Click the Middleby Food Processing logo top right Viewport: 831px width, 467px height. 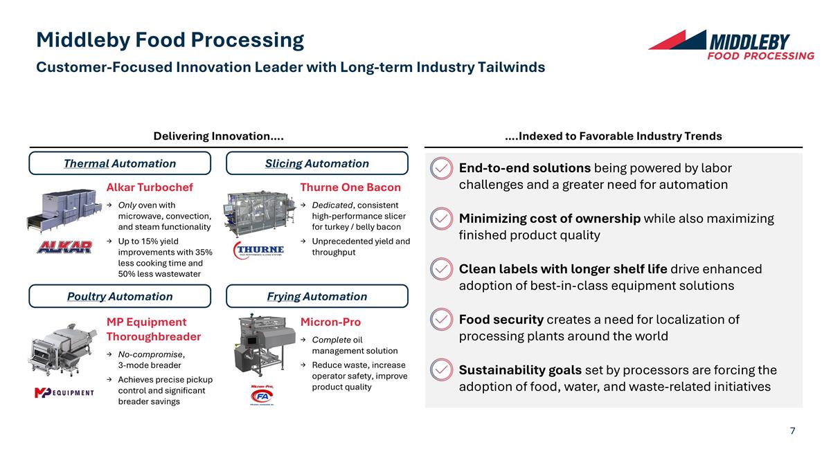pyautogui.click(x=731, y=45)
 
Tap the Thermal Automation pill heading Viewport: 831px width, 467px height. pyautogui.click(x=120, y=163)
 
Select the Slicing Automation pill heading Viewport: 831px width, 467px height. pyautogui.click(x=317, y=163)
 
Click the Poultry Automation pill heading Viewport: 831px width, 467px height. pyautogui.click(x=120, y=296)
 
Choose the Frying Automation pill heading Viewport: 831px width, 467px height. pyautogui.click(x=317, y=296)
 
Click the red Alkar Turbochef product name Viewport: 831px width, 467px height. pyautogui.click(x=150, y=187)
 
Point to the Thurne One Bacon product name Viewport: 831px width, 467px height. pyautogui.click(x=350, y=187)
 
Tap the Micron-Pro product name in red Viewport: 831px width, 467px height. pyautogui.click(x=330, y=322)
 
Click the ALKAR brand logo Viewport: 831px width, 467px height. pyautogui.click(x=64, y=247)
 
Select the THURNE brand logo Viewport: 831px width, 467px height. pyautogui.click(x=259, y=250)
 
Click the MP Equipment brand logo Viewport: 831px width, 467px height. pyautogui.click(x=64, y=393)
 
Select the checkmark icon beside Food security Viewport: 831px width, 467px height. pyautogui.click(x=441, y=320)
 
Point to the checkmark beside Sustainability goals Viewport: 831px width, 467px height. pyautogui.click(x=441, y=370)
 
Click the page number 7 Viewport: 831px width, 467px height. pyautogui.click(x=792, y=431)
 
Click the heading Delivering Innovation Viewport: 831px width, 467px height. pyautogui.click(x=218, y=136)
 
